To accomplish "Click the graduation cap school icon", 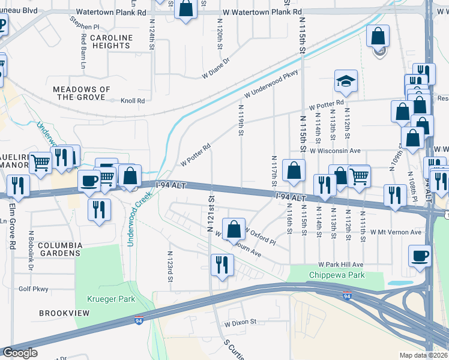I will [x=346, y=82].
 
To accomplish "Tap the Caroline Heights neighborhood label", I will [x=112, y=42].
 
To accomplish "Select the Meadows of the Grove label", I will [x=82, y=93].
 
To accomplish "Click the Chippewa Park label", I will [x=328, y=275].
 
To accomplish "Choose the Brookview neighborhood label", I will [x=64, y=313].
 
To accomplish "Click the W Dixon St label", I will [x=240, y=322].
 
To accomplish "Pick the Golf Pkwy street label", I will [x=33, y=289].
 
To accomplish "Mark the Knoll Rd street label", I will [x=133, y=101].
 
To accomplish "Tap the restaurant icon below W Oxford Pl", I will [x=222, y=264].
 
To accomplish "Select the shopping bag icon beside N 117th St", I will [x=294, y=171].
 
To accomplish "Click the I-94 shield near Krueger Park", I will [x=139, y=320].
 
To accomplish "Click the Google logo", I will [x=20, y=353].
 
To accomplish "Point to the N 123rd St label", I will [x=170, y=266].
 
